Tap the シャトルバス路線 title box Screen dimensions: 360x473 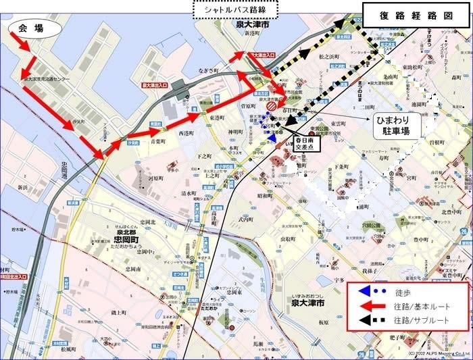coord(236,9)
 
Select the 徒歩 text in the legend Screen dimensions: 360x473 coord(403,293)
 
